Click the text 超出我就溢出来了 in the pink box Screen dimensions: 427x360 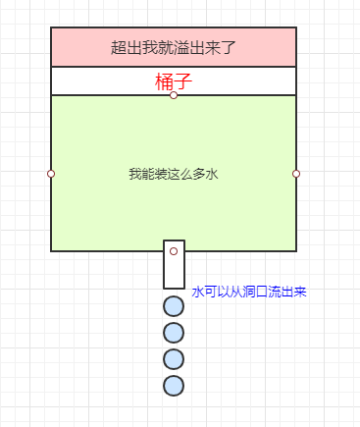(174, 46)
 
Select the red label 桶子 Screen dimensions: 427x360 (173, 81)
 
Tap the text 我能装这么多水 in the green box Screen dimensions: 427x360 (173, 174)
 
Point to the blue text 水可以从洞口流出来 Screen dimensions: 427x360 (249, 293)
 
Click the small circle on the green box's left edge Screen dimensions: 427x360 (51, 174)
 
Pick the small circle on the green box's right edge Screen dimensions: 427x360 (296, 174)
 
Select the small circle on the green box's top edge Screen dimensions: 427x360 (174, 95)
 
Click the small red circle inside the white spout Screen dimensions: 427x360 (174, 251)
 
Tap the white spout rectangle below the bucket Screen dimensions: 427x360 (174, 272)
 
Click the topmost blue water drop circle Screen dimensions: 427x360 (174, 306)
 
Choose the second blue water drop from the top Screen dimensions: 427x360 (174, 332)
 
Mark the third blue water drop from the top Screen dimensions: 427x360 (174, 358)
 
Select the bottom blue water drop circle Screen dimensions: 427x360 (174, 384)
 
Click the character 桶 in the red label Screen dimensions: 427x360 (164, 81)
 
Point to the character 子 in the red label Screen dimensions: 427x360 (182, 81)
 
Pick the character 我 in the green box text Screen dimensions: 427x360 (134, 174)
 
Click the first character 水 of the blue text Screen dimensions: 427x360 (197, 293)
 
